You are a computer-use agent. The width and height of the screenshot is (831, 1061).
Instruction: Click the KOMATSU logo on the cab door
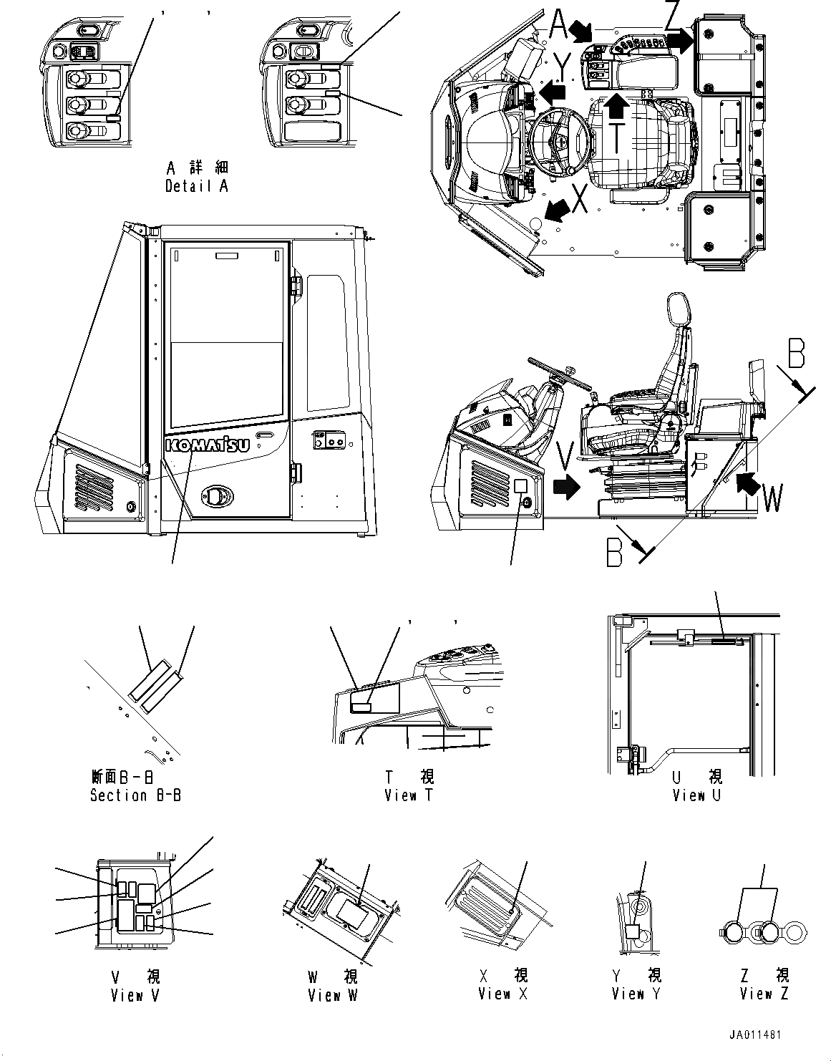click(207, 445)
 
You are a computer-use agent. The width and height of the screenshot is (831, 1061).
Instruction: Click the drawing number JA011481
click(755, 1035)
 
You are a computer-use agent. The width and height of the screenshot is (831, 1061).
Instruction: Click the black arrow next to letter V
click(567, 488)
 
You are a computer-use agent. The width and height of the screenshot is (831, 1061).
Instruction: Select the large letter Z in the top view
click(671, 16)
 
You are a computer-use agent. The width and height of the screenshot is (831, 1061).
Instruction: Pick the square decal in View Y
click(632, 931)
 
